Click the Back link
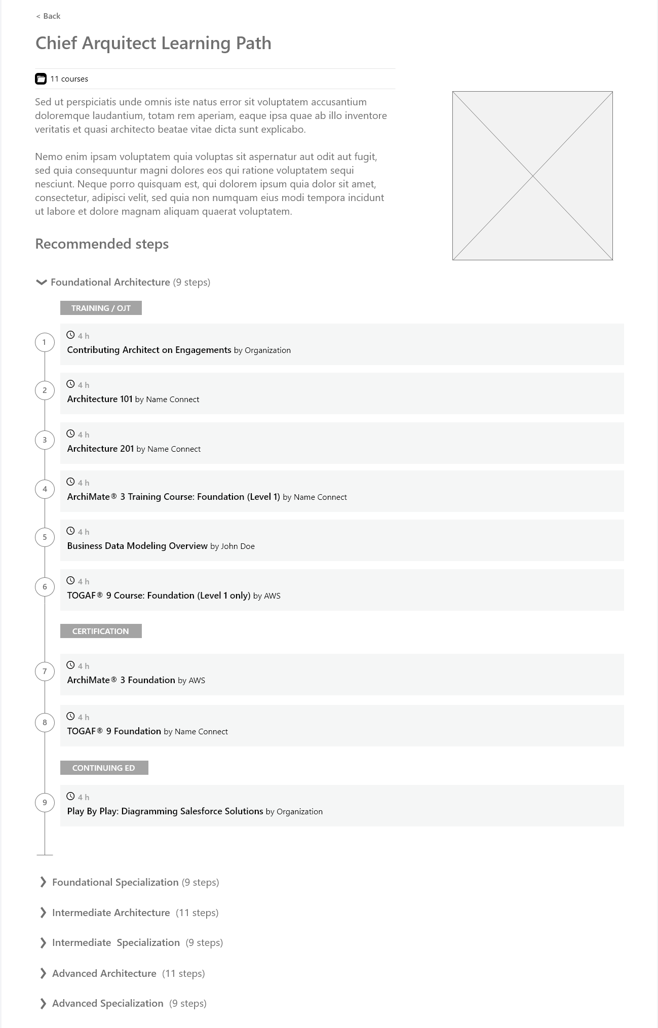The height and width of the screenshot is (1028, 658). click(49, 16)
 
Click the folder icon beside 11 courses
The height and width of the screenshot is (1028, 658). click(41, 79)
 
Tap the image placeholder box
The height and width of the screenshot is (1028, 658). click(532, 176)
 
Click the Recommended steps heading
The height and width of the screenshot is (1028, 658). click(102, 244)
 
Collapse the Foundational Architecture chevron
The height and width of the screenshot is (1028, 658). click(42, 282)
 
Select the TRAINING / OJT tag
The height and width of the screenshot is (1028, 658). click(101, 308)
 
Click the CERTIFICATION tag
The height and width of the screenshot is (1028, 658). click(101, 631)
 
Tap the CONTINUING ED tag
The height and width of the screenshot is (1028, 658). click(104, 768)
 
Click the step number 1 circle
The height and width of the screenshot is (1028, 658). click(45, 342)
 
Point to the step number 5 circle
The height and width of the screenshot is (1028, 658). click(45, 537)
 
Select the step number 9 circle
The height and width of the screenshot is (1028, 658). click(45, 803)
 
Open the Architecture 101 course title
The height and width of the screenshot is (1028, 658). click(100, 399)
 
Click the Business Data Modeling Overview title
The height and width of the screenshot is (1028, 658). click(137, 546)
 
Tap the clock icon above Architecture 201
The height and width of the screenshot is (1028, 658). click(71, 434)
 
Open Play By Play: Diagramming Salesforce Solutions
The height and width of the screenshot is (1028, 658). click(165, 811)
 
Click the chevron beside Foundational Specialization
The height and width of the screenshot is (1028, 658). click(43, 882)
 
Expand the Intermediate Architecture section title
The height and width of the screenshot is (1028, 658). click(111, 913)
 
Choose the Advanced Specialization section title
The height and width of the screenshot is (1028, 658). click(108, 1003)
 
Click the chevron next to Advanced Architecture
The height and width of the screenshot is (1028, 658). click(43, 973)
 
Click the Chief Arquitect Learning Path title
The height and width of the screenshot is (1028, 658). click(153, 43)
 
